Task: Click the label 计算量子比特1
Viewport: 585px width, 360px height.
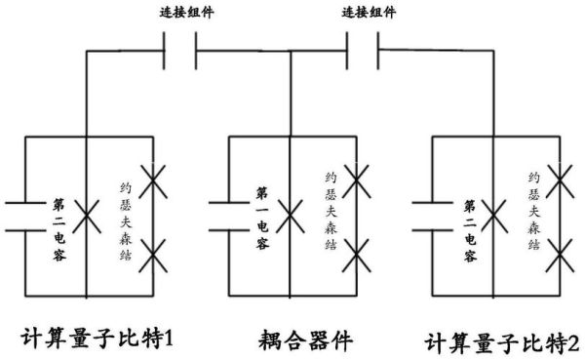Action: click(x=97, y=338)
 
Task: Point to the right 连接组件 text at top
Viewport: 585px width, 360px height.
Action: click(x=369, y=13)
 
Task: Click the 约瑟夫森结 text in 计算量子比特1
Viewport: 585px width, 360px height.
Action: click(x=126, y=215)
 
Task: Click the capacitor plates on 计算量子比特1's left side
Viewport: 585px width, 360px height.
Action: click(x=23, y=217)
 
